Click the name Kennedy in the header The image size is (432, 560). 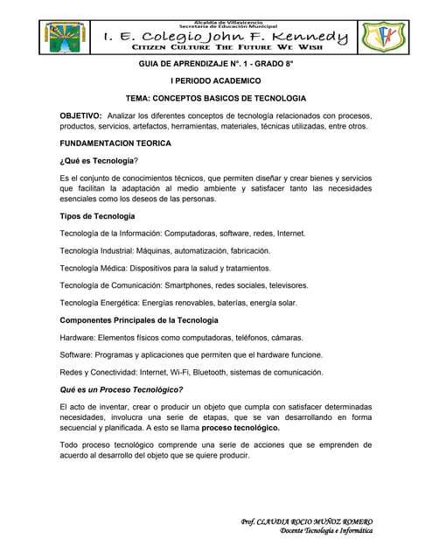(308, 37)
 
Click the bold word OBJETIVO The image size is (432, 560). (80, 115)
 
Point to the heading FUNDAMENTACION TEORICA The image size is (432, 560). (115, 142)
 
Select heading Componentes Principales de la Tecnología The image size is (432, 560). (138, 320)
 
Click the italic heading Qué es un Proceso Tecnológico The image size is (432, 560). (121, 389)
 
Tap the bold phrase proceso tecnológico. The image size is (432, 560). (241, 429)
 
